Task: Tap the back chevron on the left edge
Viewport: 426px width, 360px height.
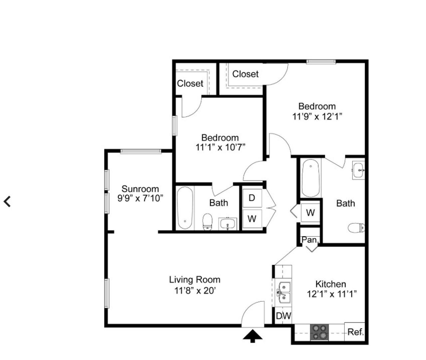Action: click(x=7, y=201)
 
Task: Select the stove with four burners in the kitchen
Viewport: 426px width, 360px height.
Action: click(x=319, y=332)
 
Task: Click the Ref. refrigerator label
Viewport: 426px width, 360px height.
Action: click(x=355, y=332)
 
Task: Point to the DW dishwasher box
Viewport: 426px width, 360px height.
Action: click(x=283, y=316)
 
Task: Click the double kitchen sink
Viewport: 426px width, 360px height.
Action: click(x=284, y=293)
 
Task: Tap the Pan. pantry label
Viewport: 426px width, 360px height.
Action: click(x=310, y=240)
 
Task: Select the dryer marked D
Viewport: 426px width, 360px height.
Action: click(x=252, y=198)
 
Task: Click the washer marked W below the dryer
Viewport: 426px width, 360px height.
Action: click(x=252, y=219)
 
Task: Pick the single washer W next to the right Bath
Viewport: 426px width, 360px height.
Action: click(x=310, y=212)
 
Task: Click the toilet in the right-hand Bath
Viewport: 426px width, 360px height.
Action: click(x=356, y=228)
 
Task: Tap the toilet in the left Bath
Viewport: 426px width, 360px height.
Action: click(x=207, y=222)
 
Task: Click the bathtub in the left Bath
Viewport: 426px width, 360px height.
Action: click(x=185, y=208)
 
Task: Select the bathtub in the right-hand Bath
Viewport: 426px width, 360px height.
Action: click(x=311, y=178)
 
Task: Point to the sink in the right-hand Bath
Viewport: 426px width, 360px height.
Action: click(x=358, y=170)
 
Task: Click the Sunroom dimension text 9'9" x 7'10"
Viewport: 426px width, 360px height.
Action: click(x=140, y=198)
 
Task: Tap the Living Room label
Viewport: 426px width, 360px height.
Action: click(x=195, y=279)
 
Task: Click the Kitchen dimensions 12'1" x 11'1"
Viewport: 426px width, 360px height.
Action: click(x=332, y=294)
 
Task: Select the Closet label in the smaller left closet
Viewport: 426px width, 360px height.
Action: click(x=190, y=83)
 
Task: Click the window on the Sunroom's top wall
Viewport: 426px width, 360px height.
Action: click(x=141, y=151)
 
